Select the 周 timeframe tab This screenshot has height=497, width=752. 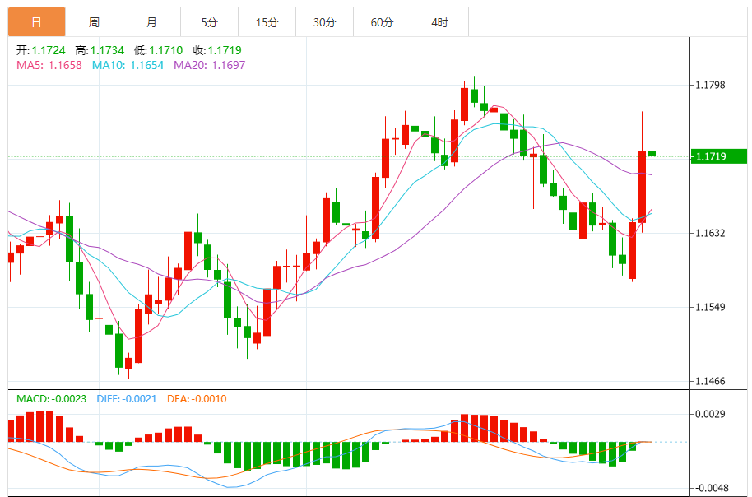point(94,22)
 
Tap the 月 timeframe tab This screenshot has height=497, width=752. point(151,22)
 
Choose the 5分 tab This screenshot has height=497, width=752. point(209,22)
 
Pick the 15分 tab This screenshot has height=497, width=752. point(267,22)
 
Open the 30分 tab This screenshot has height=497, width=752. point(324,22)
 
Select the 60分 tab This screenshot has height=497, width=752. point(382,22)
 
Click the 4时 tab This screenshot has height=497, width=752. point(439,22)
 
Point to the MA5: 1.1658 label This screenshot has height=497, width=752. point(49,65)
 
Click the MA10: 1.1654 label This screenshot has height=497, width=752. point(128,65)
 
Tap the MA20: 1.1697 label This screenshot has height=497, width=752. point(209,65)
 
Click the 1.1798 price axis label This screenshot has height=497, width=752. point(712,85)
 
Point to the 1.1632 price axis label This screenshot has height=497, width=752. point(712,233)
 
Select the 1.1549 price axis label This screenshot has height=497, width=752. point(712,307)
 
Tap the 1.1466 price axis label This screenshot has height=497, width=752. point(712,381)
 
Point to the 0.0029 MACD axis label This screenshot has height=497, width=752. point(712,414)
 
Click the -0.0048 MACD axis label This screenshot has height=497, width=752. point(710,487)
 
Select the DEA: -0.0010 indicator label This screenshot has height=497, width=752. point(197,399)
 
